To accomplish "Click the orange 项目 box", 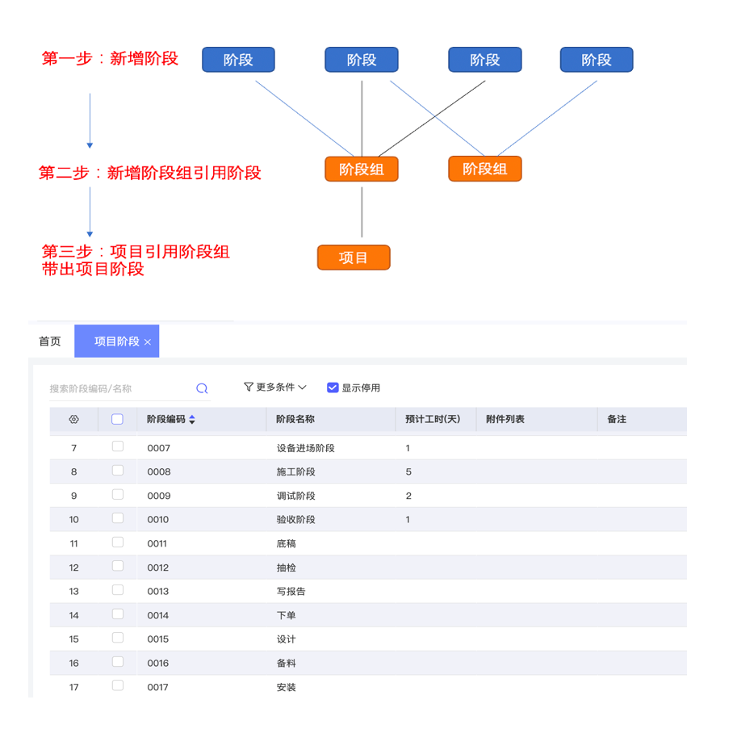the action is (x=354, y=258).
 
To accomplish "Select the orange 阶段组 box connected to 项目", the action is (x=361, y=169).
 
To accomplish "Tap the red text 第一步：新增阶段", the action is (x=110, y=58).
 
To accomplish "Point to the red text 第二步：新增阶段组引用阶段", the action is (x=150, y=173).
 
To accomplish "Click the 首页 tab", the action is (x=50, y=341).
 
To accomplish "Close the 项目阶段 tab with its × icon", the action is (x=148, y=342).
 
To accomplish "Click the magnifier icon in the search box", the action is (x=202, y=388).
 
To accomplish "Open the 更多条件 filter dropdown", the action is (x=275, y=388).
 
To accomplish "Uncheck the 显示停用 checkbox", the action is (x=333, y=388).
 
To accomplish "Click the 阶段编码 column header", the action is (x=166, y=419).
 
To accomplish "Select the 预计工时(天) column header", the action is (x=433, y=419).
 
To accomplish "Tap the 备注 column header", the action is (x=617, y=419).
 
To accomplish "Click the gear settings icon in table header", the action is (x=74, y=419).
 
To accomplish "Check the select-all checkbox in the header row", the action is (x=117, y=419).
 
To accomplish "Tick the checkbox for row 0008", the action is (x=118, y=471).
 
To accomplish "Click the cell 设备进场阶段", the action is (x=305, y=448).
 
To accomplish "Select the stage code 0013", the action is (x=158, y=592).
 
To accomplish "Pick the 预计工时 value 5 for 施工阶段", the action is (x=408, y=472).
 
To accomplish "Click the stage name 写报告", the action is (x=291, y=592).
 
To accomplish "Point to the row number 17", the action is (x=74, y=688).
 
